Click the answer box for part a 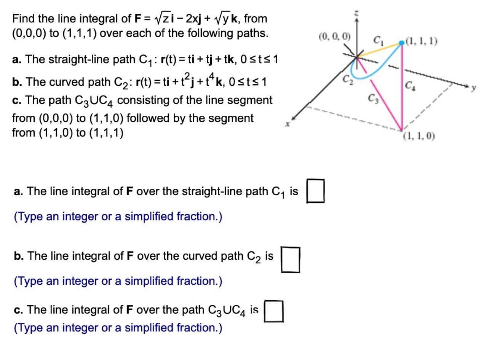pos(316,191)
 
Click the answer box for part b pos(290,260)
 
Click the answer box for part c pos(273,311)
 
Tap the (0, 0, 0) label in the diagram pos(334,37)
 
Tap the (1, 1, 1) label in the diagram pos(422,41)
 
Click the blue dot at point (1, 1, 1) pos(401,43)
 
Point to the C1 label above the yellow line pos(378,39)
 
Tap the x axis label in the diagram pos(289,124)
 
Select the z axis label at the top pos(357,14)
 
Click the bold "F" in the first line pos(138,18)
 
